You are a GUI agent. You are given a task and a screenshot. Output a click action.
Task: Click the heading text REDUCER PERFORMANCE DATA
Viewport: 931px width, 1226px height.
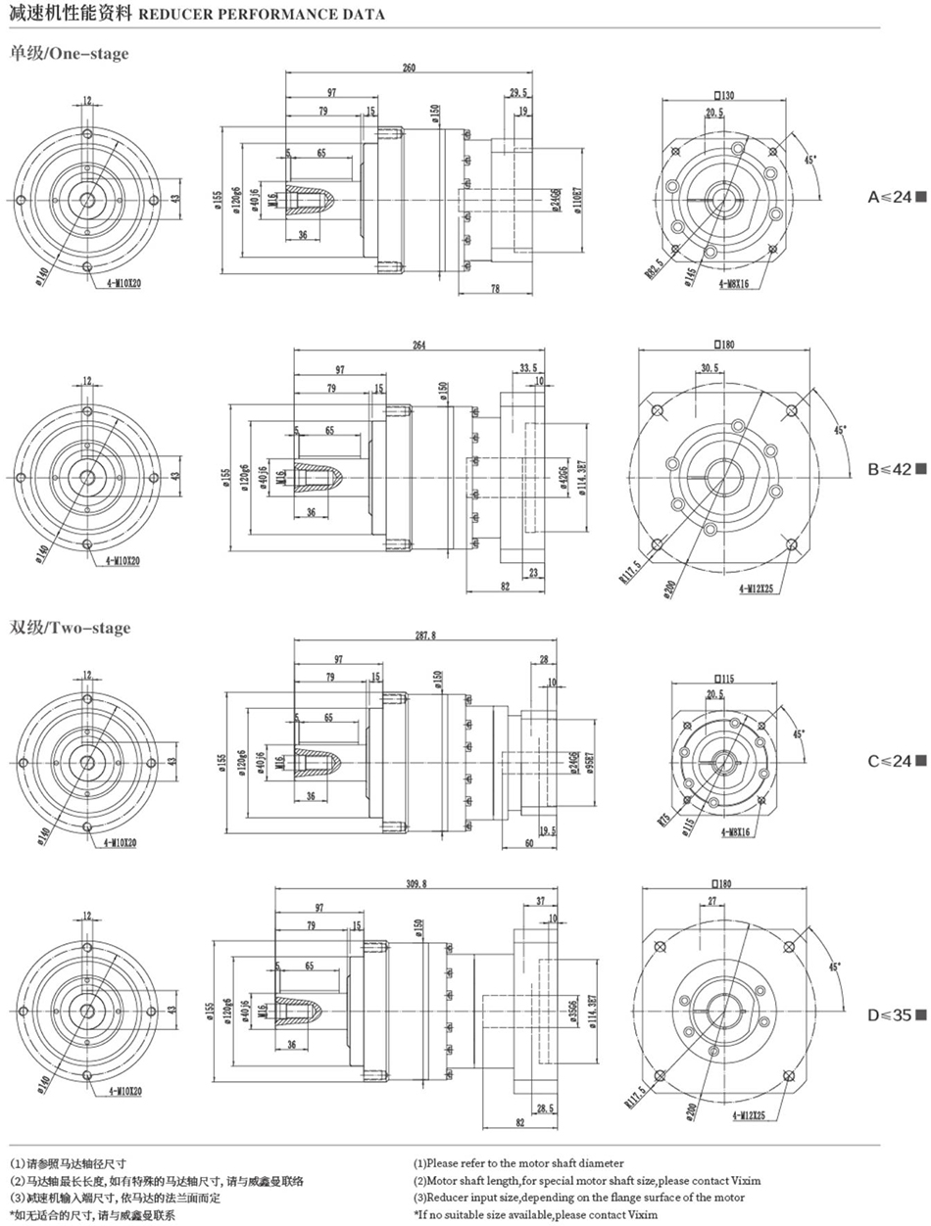click(259, 15)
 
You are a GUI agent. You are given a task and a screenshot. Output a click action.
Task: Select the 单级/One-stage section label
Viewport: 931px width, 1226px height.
click(69, 54)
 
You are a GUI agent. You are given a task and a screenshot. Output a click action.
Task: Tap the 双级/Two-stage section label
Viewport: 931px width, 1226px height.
click(70, 628)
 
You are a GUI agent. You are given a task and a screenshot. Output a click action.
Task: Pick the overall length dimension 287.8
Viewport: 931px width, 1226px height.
click(425, 636)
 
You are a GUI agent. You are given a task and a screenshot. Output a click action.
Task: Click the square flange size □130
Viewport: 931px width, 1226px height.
click(724, 96)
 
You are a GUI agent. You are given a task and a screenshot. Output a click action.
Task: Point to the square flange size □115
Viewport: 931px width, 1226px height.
click(724, 678)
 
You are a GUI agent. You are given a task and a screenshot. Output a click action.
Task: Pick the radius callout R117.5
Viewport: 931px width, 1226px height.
click(628, 570)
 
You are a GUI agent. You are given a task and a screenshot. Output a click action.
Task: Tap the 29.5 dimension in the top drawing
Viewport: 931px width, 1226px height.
click(518, 93)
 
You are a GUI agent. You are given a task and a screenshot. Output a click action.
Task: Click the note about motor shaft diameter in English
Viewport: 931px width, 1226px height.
click(517, 1163)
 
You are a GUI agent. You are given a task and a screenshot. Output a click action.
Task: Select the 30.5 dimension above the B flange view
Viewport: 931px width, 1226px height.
click(711, 368)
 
